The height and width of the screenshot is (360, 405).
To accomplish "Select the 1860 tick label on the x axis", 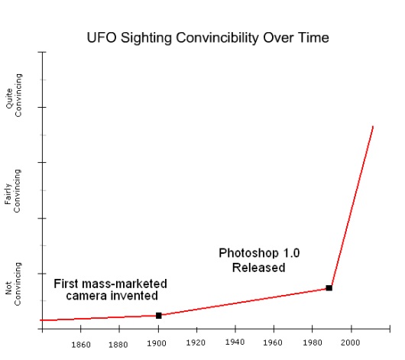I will [81, 344].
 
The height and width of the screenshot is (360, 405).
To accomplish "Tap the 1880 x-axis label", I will [118, 344].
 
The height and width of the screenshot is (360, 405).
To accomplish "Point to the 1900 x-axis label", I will [157, 342].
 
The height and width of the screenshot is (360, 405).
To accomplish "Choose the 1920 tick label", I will [196, 342].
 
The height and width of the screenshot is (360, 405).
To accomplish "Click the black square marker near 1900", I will [159, 316].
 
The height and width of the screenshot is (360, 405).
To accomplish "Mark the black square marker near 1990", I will [329, 287].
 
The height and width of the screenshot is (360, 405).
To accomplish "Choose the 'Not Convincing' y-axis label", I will [13, 288].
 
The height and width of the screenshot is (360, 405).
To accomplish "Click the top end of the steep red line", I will [373, 126].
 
